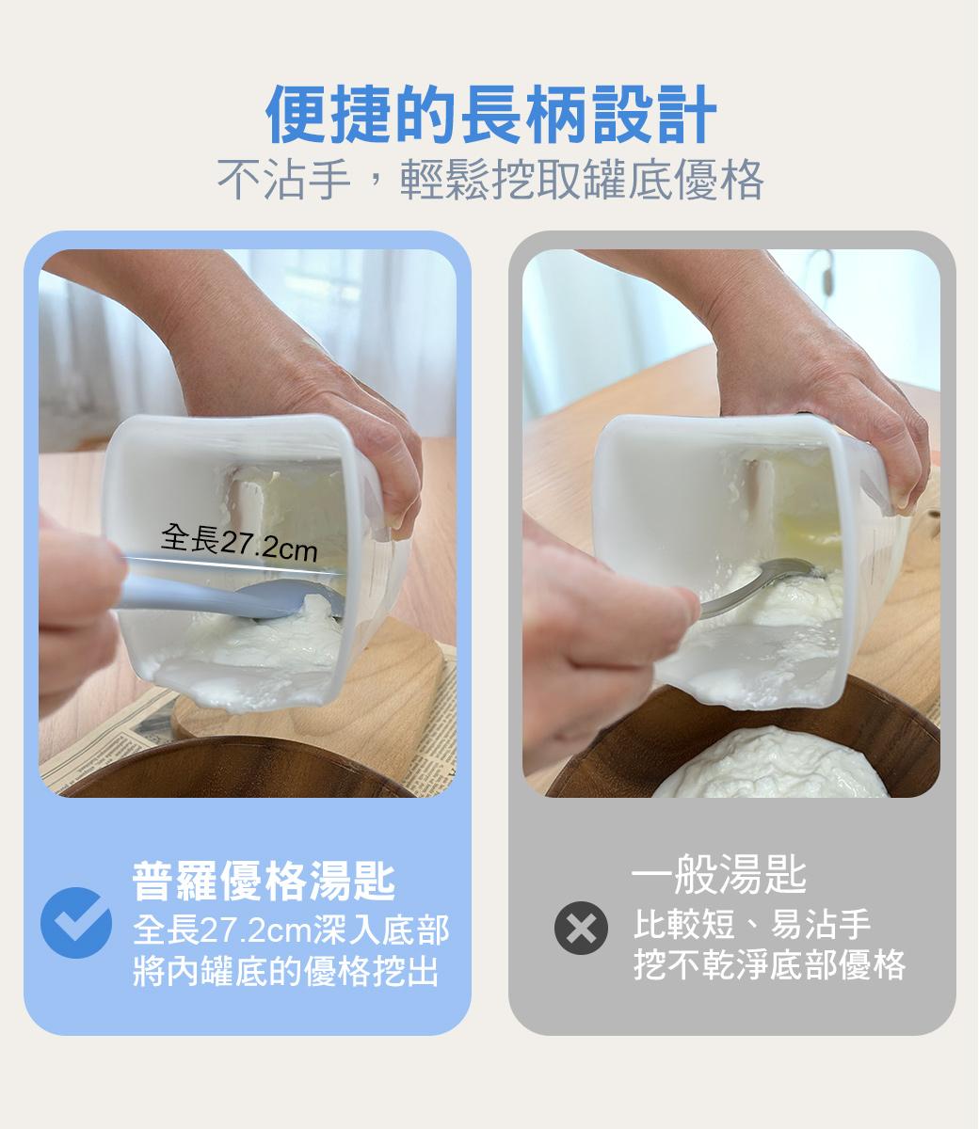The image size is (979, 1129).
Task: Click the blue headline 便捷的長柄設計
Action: (x=490, y=114)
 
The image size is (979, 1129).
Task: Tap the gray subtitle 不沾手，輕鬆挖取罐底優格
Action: (x=490, y=179)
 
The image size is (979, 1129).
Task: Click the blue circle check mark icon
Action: (x=76, y=923)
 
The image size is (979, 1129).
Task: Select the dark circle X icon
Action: (x=581, y=928)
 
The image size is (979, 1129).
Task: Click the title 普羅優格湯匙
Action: (x=264, y=881)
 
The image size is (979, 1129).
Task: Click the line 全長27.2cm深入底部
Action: (x=291, y=930)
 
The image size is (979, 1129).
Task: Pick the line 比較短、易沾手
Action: (x=751, y=924)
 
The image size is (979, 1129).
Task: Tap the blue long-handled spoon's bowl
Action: (x=290, y=598)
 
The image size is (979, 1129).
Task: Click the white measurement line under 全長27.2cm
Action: (x=233, y=565)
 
